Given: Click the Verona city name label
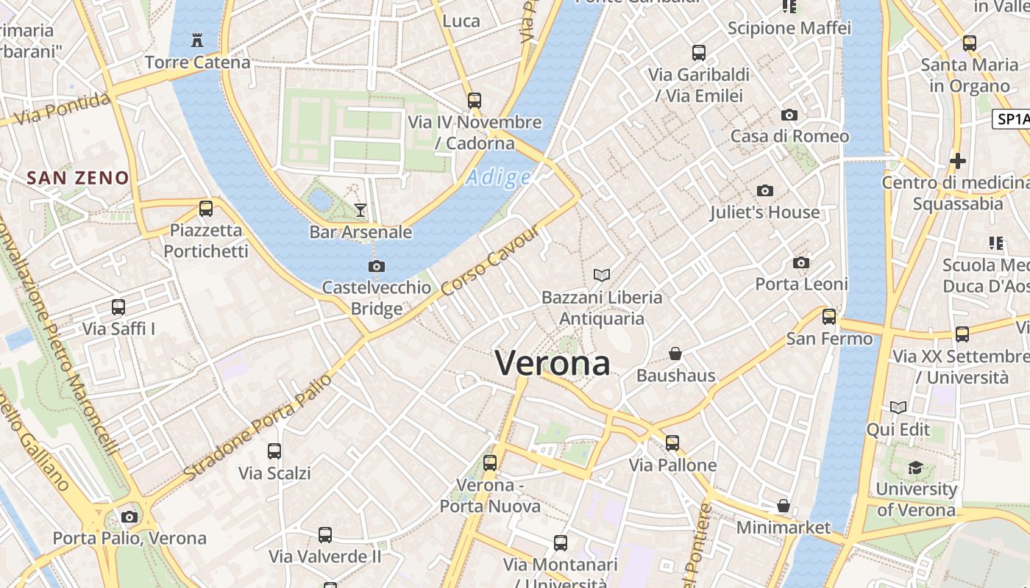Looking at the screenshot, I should (553, 363).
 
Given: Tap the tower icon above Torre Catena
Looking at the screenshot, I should (197, 40).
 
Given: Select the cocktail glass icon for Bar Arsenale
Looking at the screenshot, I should (360, 210).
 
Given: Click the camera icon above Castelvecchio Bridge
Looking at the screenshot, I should (377, 266).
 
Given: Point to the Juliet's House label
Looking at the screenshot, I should (764, 212).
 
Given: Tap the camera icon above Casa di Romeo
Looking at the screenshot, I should (789, 115).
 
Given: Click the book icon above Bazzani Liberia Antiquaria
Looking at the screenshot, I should (602, 276).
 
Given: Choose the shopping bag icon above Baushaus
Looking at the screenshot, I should (675, 354).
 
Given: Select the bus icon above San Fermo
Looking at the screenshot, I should (829, 317).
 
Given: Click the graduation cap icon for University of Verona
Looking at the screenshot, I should (915, 468).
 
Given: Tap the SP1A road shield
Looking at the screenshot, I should (1011, 120).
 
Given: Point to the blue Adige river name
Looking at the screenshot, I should (499, 177).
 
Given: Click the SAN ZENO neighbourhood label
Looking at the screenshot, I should (78, 178).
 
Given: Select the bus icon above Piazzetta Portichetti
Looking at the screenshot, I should (206, 209).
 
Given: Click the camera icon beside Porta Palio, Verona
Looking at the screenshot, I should (129, 517).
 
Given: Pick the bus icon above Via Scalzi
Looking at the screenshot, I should (274, 451).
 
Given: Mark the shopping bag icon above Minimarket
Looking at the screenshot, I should (784, 506).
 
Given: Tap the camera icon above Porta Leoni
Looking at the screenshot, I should (801, 263).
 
